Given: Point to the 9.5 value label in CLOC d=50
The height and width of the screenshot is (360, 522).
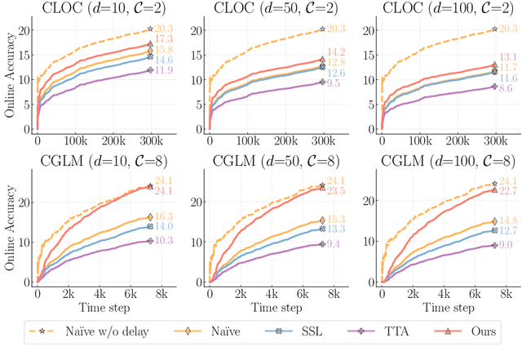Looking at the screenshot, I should (x=334, y=82).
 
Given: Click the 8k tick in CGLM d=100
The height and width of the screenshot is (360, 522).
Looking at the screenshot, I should (x=506, y=291).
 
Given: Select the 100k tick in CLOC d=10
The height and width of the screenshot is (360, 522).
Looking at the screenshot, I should (x=81, y=141).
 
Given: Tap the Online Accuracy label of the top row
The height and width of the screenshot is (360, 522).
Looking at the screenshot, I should (x=10, y=78).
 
